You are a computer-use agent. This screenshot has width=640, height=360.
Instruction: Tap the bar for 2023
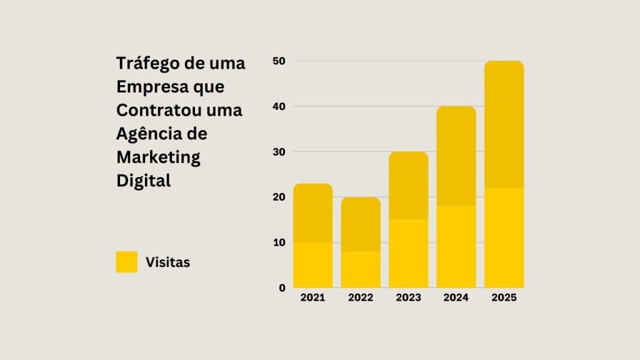pyautogui.click(x=408, y=220)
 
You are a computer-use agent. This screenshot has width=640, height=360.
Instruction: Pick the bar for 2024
pyautogui.click(x=456, y=197)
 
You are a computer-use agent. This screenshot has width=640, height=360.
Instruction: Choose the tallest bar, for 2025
pyautogui.click(x=504, y=174)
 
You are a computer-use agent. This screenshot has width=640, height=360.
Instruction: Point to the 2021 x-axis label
pyautogui.click(x=312, y=297)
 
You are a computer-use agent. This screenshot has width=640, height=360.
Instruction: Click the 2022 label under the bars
pyautogui.click(x=361, y=297)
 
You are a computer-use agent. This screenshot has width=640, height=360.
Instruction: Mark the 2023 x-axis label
pyautogui.click(x=408, y=297)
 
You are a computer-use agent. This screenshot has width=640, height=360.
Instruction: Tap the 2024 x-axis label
pyautogui.click(x=456, y=297)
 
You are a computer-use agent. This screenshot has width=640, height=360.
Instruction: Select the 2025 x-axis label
pyautogui.click(x=504, y=297)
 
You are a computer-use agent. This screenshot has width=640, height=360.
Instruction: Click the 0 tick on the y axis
pyautogui.click(x=282, y=288)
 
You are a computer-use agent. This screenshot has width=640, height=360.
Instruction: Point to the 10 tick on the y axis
pyautogui.click(x=279, y=242)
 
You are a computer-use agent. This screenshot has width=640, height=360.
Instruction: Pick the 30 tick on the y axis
pyautogui.click(x=279, y=152)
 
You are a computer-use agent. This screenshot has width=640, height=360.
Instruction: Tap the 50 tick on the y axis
pyautogui.click(x=279, y=61)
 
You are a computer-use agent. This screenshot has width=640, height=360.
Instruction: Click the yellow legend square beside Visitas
pyautogui.click(x=127, y=262)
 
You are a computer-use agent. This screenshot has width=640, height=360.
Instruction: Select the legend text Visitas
pyautogui.click(x=167, y=262)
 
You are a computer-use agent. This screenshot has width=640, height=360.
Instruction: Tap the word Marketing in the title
pyautogui.click(x=158, y=157)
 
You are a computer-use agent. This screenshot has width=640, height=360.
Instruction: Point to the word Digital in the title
pyautogui.click(x=143, y=181)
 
